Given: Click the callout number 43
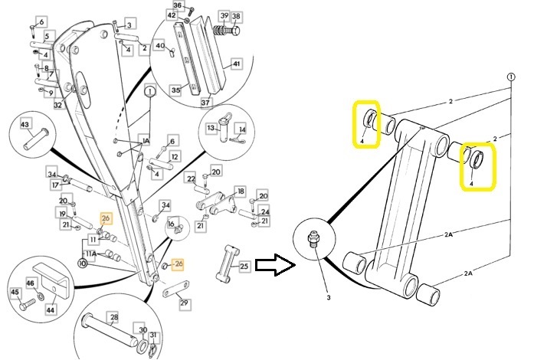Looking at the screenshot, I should click(x=25, y=124).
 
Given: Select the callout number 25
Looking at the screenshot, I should click(x=244, y=266).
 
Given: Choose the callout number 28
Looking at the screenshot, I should click(x=113, y=316).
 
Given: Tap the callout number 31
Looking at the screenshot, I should click(x=152, y=335).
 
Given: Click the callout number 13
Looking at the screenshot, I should click(x=212, y=128).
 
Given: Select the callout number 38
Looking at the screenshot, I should click(x=235, y=16).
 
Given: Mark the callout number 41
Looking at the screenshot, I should click(x=237, y=64).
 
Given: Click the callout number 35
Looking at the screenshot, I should click(x=175, y=90).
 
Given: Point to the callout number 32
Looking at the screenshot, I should click(x=57, y=104).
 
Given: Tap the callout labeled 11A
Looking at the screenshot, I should click(x=90, y=254).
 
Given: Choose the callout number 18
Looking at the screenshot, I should click(x=240, y=191).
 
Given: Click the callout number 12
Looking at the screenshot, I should click(x=175, y=157).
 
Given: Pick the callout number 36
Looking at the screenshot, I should click(x=178, y=5).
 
